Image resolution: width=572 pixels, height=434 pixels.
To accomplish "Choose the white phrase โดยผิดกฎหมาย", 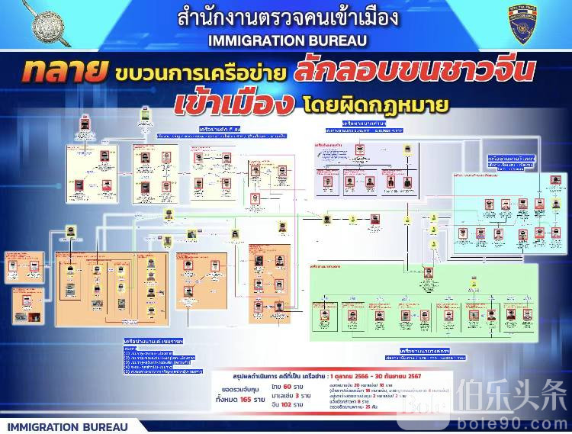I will (352, 104).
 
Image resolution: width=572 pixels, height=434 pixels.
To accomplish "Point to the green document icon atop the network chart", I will (143, 116).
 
